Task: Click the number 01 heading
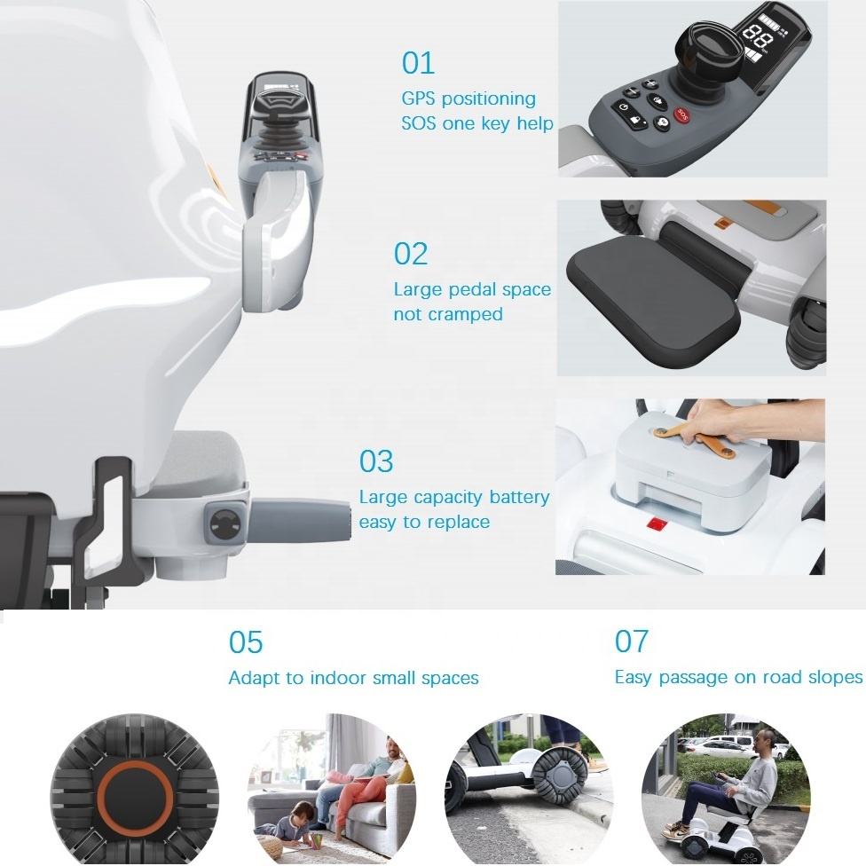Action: click(418, 63)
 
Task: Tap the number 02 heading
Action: click(410, 254)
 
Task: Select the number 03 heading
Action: click(376, 461)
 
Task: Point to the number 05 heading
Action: click(246, 642)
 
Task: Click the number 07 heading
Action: click(631, 642)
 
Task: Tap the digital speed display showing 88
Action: click(758, 38)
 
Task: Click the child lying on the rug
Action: click(293, 823)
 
